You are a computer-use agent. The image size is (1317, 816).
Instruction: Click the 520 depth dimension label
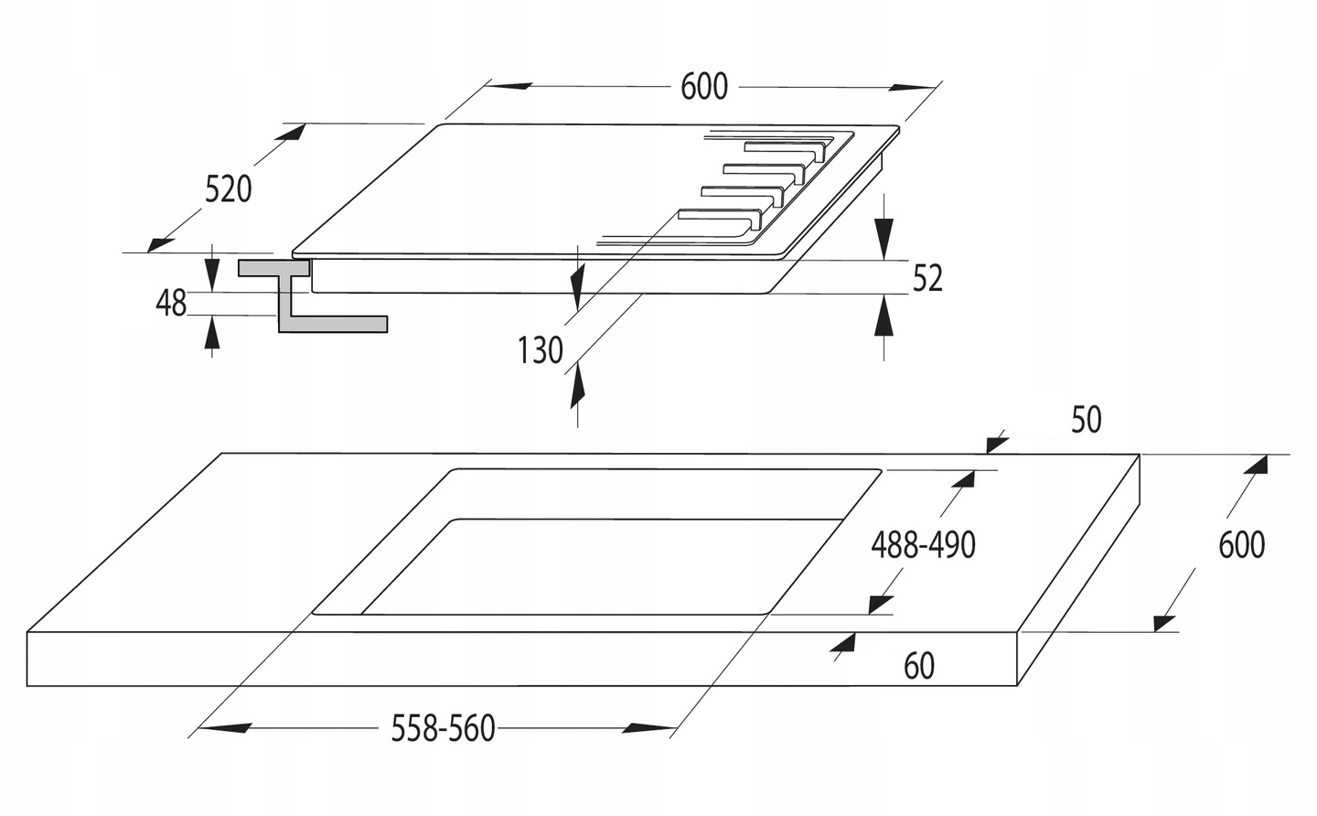pos(228,189)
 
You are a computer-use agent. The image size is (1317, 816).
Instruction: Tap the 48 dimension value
pos(171,303)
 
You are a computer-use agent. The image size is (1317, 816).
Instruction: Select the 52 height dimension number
pos(927,278)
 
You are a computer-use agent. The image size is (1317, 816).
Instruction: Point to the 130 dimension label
pos(541,349)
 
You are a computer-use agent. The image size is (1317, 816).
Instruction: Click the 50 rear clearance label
pos(1086,420)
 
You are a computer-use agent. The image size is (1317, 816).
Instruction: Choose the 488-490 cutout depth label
pos(923,545)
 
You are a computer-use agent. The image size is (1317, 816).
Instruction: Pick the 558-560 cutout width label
pos(443,729)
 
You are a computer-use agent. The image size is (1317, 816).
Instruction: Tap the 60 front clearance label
pos(919,666)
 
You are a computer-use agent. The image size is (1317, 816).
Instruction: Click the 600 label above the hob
pos(704,87)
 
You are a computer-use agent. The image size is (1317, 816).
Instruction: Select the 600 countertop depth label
pos(1241,545)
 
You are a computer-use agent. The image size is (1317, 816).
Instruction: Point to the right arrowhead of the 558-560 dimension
pos(649,729)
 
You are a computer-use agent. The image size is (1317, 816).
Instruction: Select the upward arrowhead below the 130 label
pos(577,389)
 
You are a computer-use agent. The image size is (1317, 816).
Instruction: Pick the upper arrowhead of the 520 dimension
pos(292,133)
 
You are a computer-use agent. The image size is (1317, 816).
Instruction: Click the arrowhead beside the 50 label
pos(998,443)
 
